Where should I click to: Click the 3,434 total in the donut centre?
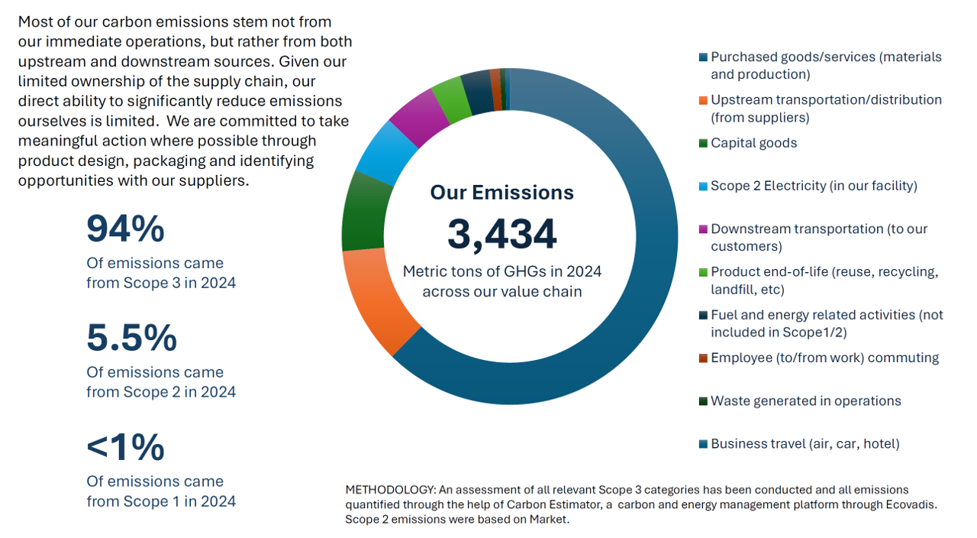pyautogui.click(x=501, y=235)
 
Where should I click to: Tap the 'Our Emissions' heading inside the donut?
pyautogui.click(x=501, y=192)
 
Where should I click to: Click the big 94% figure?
pyautogui.click(x=125, y=228)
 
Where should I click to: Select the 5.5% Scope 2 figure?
pyautogui.click(x=131, y=337)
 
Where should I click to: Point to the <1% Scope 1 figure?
pyautogui.click(x=125, y=447)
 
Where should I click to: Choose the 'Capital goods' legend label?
pyautogui.click(x=753, y=143)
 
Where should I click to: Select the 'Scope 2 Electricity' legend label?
pyautogui.click(x=814, y=186)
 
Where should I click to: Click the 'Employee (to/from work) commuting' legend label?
pyautogui.click(x=824, y=358)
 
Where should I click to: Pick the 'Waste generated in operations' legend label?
pyautogui.click(x=805, y=401)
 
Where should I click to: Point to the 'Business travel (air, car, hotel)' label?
pyautogui.click(x=804, y=444)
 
